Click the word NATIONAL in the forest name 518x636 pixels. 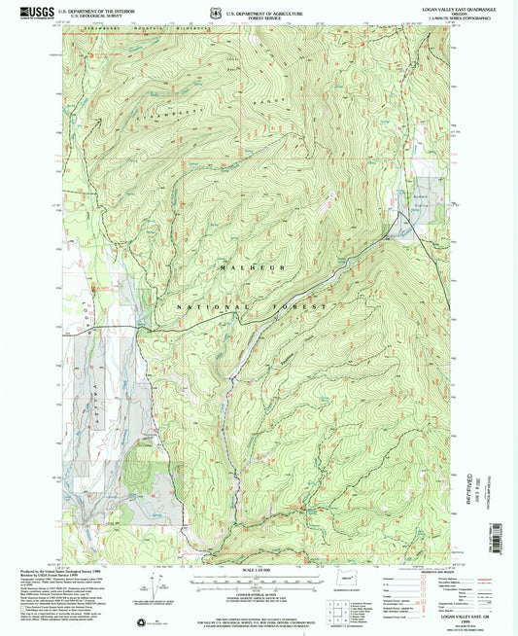(x=206, y=306)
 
